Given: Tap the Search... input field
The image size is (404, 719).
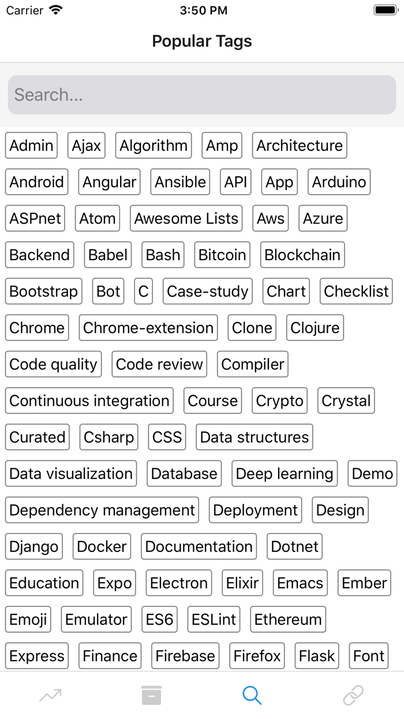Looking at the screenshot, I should [x=202, y=95].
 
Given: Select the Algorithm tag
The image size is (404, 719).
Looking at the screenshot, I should [x=154, y=146].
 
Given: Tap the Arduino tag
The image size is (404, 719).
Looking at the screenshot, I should [x=339, y=182].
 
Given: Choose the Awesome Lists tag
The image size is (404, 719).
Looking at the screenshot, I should [x=186, y=218].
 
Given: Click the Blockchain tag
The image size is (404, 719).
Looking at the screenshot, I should [x=302, y=255].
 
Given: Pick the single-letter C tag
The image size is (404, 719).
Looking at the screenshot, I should [x=143, y=291].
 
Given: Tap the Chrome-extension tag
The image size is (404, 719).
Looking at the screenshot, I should [x=148, y=328].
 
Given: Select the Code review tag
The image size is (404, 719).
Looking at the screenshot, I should [x=159, y=364].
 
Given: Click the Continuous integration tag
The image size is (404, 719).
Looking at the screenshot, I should [x=89, y=401].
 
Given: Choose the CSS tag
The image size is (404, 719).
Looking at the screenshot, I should [x=167, y=437].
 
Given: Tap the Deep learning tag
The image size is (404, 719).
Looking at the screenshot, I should [x=285, y=473].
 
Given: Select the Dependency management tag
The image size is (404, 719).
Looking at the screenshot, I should [x=102, y=510].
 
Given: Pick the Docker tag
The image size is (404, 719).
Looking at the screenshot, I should [x=102, y=546].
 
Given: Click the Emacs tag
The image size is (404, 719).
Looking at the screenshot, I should [x=300, y=583].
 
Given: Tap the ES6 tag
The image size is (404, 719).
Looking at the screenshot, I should [x=159, y=619].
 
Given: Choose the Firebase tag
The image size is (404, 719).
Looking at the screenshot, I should [x=185, y=656].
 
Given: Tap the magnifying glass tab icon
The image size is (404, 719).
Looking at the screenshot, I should [x=252, y=695].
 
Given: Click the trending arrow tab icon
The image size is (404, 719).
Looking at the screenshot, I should [x=50, y=695].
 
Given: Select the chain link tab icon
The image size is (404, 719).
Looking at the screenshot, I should [x=353, y=695].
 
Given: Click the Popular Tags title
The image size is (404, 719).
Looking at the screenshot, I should [x=202, y=41].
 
